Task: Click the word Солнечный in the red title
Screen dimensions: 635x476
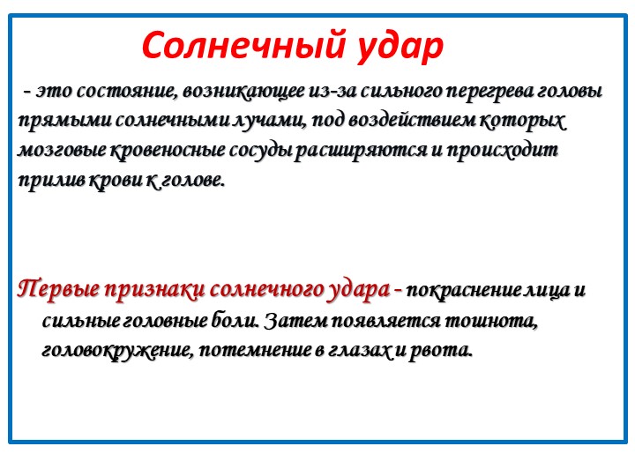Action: tap(243, 45)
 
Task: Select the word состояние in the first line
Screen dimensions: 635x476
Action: tap(126, 91)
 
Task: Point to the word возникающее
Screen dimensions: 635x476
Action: tap(243, 92)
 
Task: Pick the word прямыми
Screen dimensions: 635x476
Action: tap(63, 122)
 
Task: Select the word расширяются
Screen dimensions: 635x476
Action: tap(361, 150)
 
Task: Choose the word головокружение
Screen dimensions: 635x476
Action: tap(116, 350)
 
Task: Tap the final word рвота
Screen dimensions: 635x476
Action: tap(441, 350)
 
